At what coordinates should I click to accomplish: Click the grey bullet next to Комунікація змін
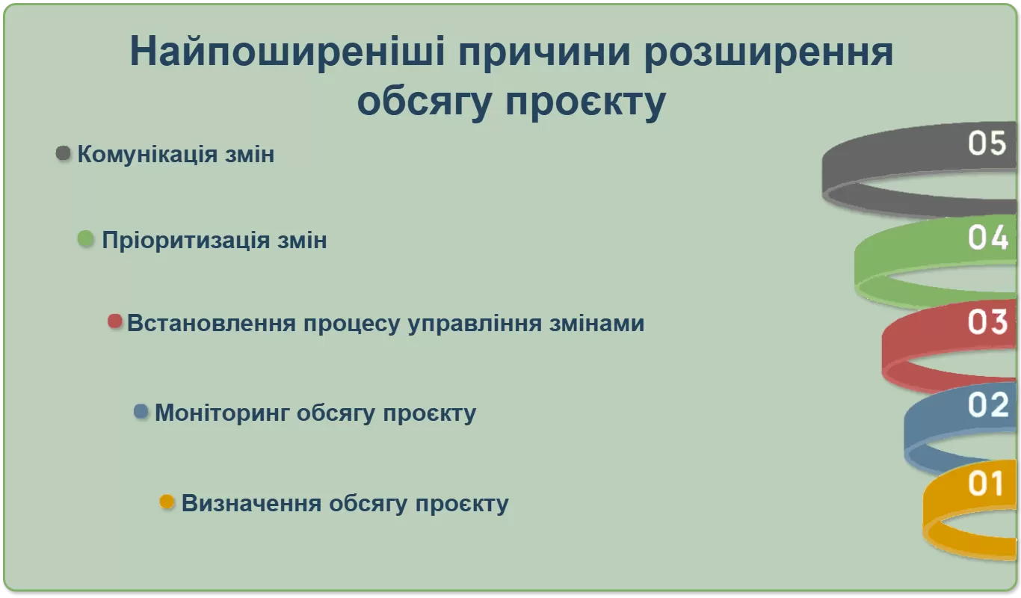pos(64,153)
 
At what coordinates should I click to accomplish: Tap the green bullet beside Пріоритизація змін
pos(86,239)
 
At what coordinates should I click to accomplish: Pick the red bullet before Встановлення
pos(115,321)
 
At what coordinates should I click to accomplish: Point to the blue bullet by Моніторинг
pos(141,411)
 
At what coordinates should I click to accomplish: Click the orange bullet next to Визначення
pos(167,502)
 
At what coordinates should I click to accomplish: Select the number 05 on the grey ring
pos(987,143)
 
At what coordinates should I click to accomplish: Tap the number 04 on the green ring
pos(987,238)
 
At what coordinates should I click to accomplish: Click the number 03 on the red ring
pos(987,321)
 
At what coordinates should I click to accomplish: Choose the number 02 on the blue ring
pos(988,404)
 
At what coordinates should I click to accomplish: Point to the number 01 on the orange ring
pos(985,484)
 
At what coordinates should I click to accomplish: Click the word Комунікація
pos(147,154)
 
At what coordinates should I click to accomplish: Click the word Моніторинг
pos(222,413)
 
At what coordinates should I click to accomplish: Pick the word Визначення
pos(252,504)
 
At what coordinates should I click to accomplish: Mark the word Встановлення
pos(212,323)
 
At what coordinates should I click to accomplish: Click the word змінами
pos(596,323)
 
